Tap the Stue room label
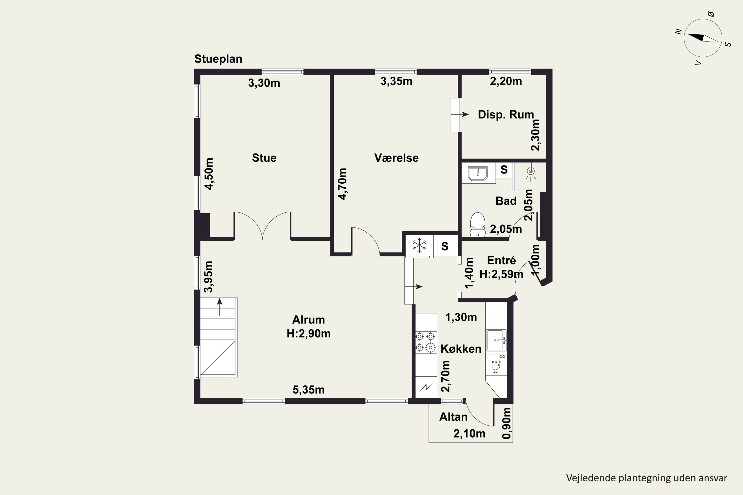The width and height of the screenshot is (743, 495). pyautogui.click(x=264, y=158)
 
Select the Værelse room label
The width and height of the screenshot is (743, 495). pyautogui.click(x=397, y=158)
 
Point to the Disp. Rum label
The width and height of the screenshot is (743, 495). pyautogui.click(x=506, y=115)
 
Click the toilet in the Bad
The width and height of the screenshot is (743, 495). pyautogui.click(x=478, y=224)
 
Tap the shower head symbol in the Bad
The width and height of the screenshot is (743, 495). pyautogui.click(x=531, y=172)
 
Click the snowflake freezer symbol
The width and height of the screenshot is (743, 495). pyautogui.click(x=419, y=246)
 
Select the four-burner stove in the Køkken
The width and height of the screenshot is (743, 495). pyautogui.click(x=425, y=342)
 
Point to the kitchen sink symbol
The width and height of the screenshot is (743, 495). pyautogui.click(x=496, y=340)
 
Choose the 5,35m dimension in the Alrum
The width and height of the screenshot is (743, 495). pyautogui.click(x=309, y=390)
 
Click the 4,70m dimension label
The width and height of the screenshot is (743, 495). pyautogui.click(x=343, y=184)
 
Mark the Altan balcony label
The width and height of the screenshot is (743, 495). pyautogui.click(x=453, y=417)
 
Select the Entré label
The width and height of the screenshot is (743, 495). pyautogui.click(x=501, y=260)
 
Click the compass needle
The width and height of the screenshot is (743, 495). pyautogui.click(x=703, y=38)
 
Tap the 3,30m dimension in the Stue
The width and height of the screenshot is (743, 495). pyautogui.click(x=264, y=83)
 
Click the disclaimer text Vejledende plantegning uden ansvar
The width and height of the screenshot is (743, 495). pyautogui.click(x=647, y=478)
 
